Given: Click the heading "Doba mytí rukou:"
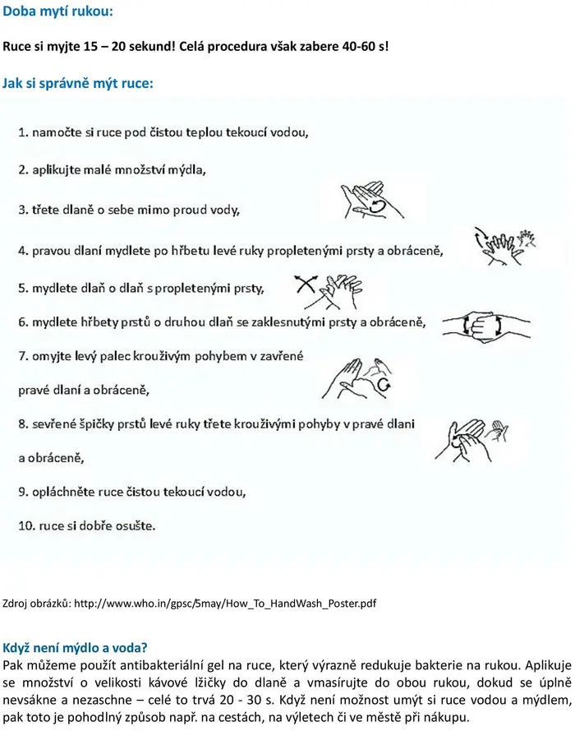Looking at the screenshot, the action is (x=57, y=11).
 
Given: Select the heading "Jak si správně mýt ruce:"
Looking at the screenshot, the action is (x=78, y=83).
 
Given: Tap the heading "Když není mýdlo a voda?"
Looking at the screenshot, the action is (x=75, y=648).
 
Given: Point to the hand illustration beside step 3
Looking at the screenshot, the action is (x=372, y=201).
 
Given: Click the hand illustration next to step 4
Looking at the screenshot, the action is (x=504, y=246).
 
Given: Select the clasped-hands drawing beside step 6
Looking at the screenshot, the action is (x=486, y=325).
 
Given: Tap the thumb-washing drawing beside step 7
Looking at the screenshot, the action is (x=357, y=378).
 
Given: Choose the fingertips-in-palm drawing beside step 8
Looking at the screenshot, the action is (x=471, y=440).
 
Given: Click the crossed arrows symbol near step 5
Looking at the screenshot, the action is (x=306, y=284).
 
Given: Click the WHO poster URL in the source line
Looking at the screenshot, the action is (x=225, y=604).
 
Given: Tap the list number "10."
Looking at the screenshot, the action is (x=27, y=526).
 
